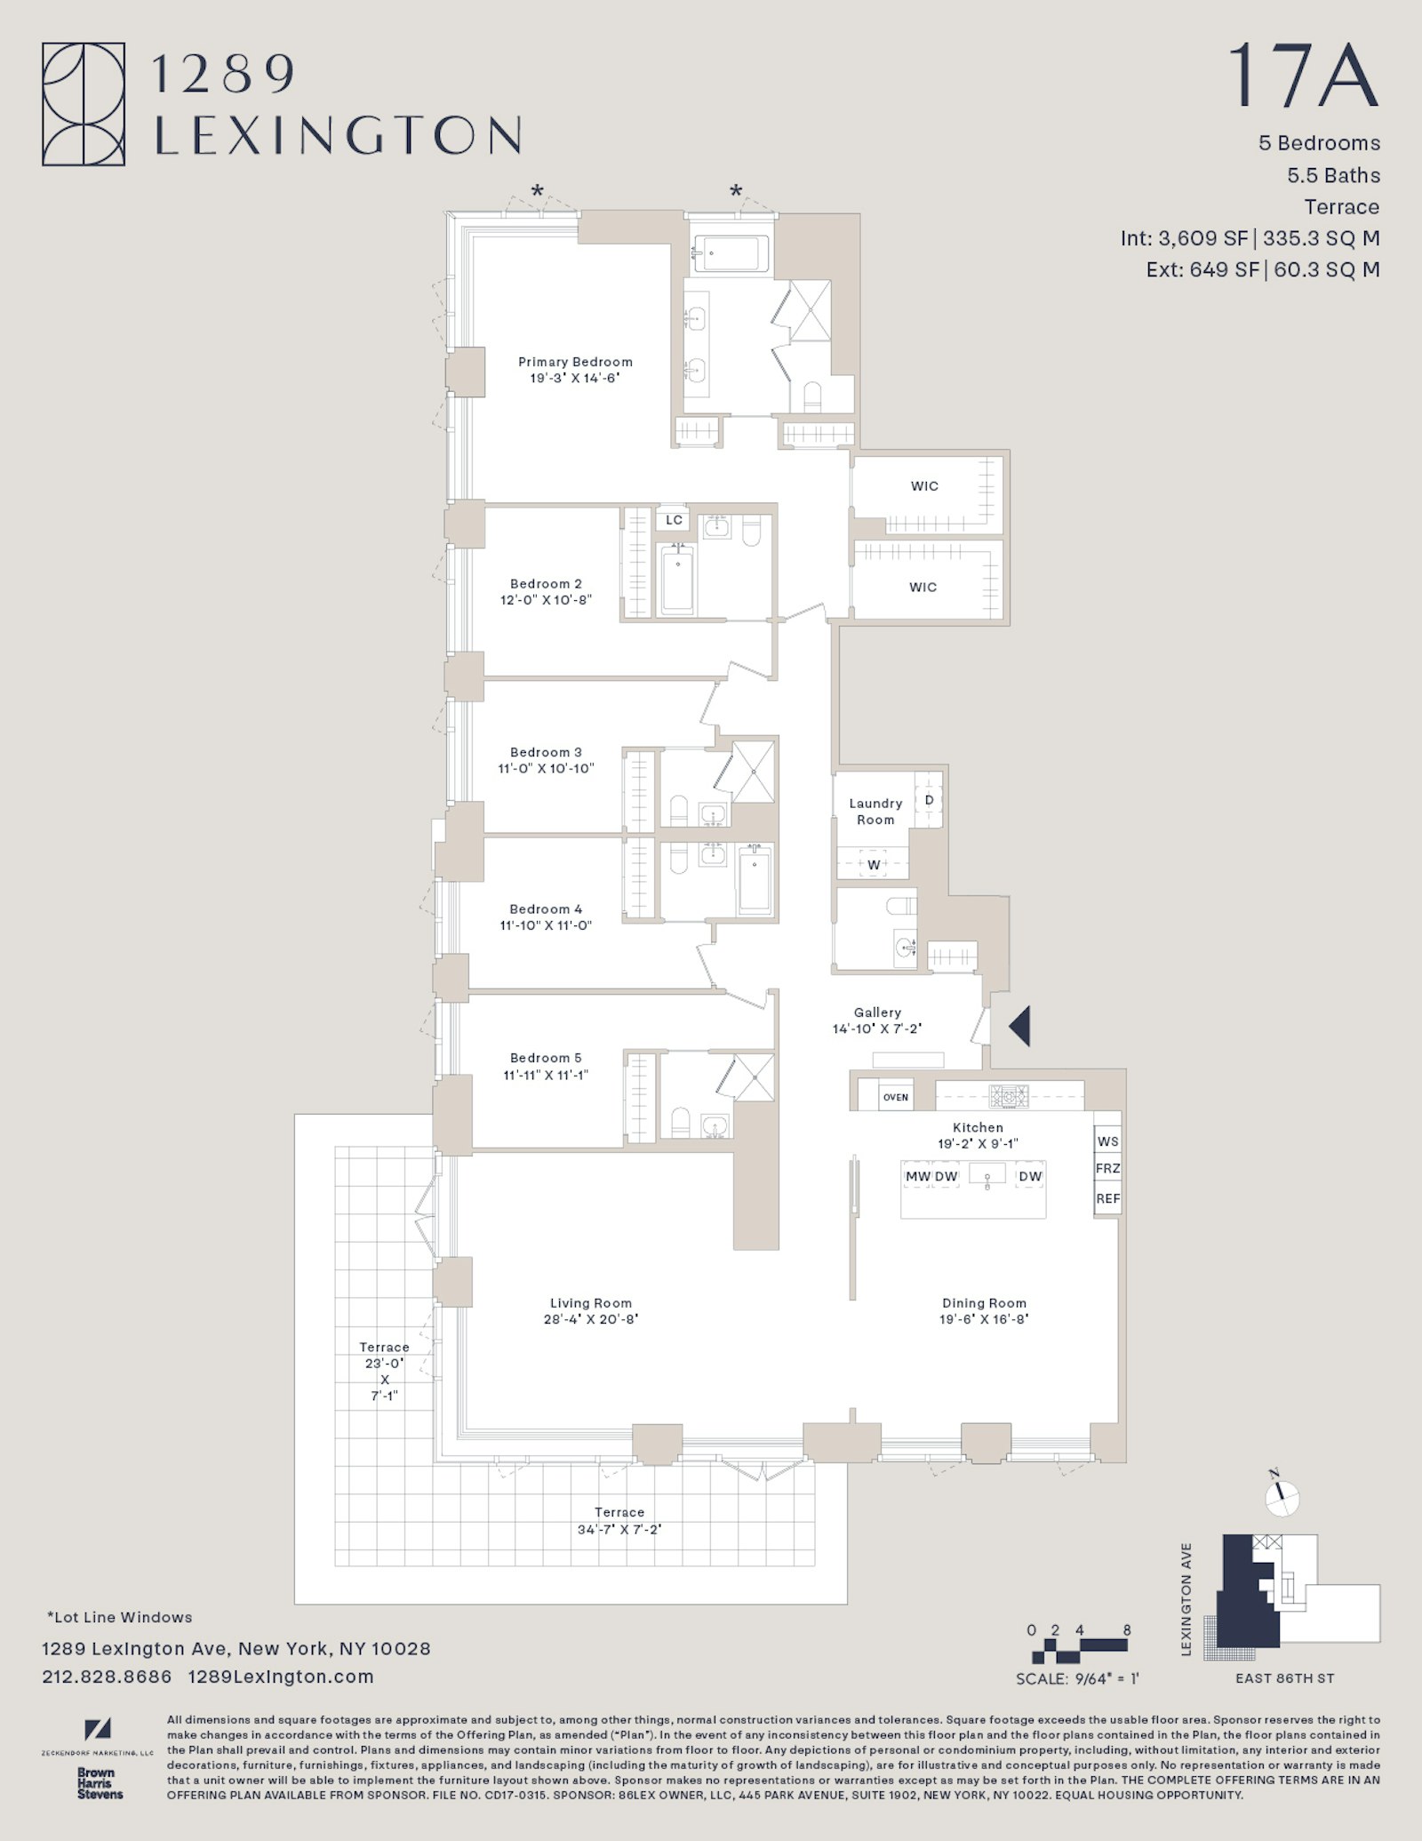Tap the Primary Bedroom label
(575, 362)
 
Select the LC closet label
(674, 520)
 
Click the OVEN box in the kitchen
(895, 1097)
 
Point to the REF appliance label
(1107, 1198)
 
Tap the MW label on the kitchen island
(917, 1176)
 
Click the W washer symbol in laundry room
(874, 865)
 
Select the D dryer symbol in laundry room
(929, 799)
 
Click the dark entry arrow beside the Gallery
(1020, 1026)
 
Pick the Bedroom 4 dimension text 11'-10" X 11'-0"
(546, 925)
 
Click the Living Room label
(590, 1303)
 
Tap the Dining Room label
(984, 1303)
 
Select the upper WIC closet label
(924, 486)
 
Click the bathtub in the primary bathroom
(731, 253)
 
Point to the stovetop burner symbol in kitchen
(1009, 1096)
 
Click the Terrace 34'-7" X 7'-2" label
(619, 1521)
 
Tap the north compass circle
(1282, 1499)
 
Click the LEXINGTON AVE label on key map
(1186, 1599)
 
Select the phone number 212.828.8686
(107, 1677)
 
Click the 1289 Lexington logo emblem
(84, 104)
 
